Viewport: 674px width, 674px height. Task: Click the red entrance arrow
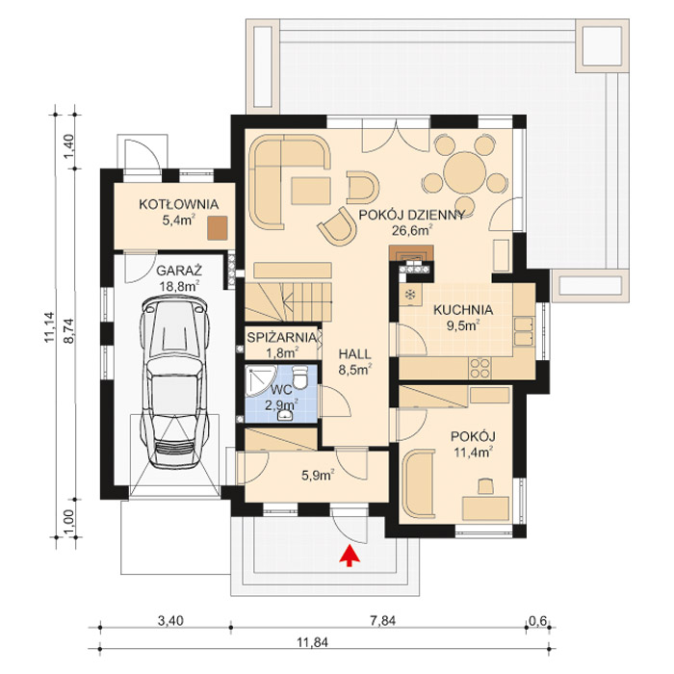350,556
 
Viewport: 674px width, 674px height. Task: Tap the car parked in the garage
174,381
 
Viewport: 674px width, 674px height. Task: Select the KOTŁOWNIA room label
178,204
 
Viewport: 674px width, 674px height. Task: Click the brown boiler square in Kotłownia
217,228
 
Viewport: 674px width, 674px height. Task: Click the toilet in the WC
299,376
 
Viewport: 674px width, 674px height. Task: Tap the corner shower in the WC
261,381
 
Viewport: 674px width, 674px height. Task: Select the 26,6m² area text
411,230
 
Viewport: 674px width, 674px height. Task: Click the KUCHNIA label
463,309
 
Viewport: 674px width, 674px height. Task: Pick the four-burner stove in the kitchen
480,368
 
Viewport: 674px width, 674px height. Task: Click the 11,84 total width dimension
313,642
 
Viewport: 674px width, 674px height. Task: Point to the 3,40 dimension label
170,621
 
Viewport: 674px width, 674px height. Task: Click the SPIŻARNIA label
281,337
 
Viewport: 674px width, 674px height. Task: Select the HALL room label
354,354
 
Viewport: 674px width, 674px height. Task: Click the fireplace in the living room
411,259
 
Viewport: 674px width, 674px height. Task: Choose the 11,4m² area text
473,452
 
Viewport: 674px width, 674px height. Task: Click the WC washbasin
285,415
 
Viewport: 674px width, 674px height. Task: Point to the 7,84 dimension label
382,621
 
